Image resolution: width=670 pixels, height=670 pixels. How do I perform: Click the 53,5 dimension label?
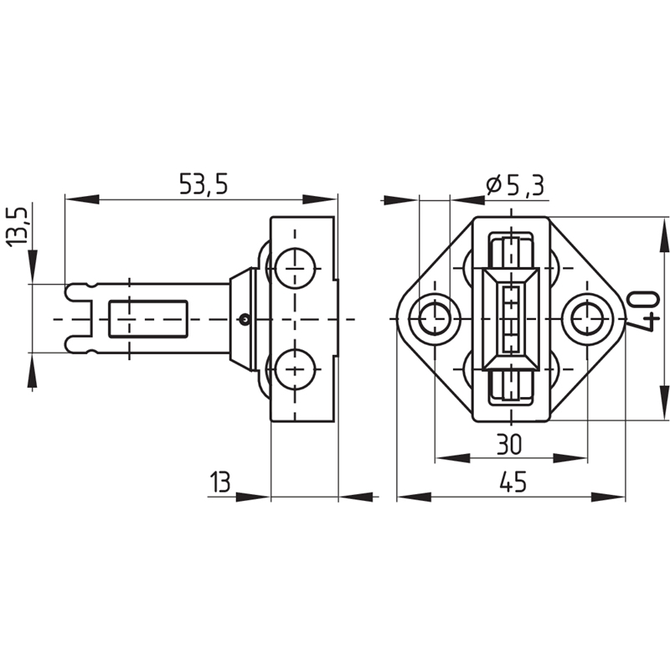[204, 184]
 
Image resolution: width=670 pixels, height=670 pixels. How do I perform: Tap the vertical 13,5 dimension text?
[17, 226]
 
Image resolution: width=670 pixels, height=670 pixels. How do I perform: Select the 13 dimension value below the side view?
[220, 482]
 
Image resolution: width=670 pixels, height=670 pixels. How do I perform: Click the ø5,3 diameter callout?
[515, 185]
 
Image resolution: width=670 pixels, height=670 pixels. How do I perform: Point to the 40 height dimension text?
[643, 312]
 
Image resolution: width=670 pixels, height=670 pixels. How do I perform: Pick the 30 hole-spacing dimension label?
[509, 444]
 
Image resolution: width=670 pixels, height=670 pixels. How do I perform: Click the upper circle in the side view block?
[296, 268]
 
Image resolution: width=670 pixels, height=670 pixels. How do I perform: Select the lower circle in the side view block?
[296, 368]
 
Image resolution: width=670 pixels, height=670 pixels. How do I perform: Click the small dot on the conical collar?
[245, 318]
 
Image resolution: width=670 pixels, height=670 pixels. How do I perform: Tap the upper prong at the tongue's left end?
[80, 292]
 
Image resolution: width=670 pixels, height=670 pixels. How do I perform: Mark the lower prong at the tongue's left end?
[80, 345]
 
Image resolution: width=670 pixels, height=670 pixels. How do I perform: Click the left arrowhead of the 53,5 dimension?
[82, 199]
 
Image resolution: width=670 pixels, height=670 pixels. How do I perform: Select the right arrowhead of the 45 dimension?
[608, 497]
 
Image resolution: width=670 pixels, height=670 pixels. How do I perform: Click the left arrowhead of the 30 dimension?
[452, 458]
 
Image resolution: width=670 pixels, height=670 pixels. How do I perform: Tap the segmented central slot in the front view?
[512, 319]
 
